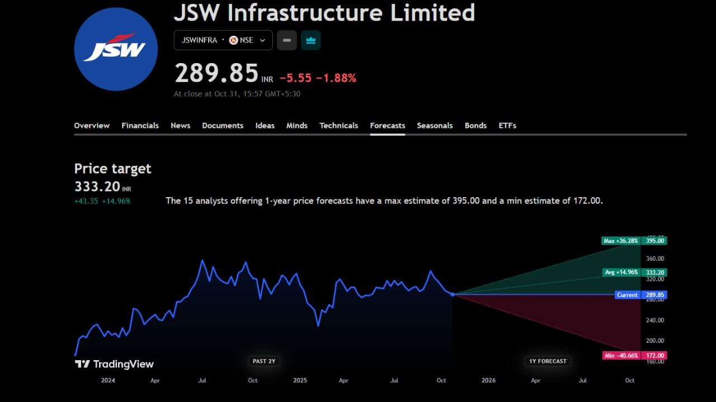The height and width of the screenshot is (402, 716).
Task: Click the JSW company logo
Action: [x=116, y=49]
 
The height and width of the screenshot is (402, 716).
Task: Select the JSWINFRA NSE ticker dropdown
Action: [x=223, y=40]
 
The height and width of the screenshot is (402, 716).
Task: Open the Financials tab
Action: [x=140, y=126]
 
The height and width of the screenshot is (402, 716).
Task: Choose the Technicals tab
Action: [x=338, y=126]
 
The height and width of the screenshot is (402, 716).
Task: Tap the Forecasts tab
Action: [x=387, y=126]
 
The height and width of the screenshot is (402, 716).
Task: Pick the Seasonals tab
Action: [x=435, y=126]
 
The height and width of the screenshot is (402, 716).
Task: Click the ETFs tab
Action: [x=507, y=126]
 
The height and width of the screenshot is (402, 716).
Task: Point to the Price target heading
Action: [x=112, y=169]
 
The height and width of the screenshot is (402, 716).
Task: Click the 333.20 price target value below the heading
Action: [x=97, y=186]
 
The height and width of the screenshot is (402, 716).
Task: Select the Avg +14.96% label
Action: [x=621, y=272]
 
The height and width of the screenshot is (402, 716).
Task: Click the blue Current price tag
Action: [x=627, y=295]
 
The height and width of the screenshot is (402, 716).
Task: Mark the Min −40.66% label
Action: [x=621, y=356]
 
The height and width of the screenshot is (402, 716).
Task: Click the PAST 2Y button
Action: [x=264, y=361]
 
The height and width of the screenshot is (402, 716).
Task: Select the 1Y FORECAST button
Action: [x=548, y=361]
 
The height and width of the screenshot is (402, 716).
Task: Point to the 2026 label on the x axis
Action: [x=488, y=380]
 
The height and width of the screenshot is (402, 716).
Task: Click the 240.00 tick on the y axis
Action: [x=655, y=320]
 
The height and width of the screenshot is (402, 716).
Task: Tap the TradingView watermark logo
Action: [x=114, y=364]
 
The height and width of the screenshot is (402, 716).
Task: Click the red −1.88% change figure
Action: [x=336, y=78]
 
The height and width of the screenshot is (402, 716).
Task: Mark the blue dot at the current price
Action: [x=453, y=294]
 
